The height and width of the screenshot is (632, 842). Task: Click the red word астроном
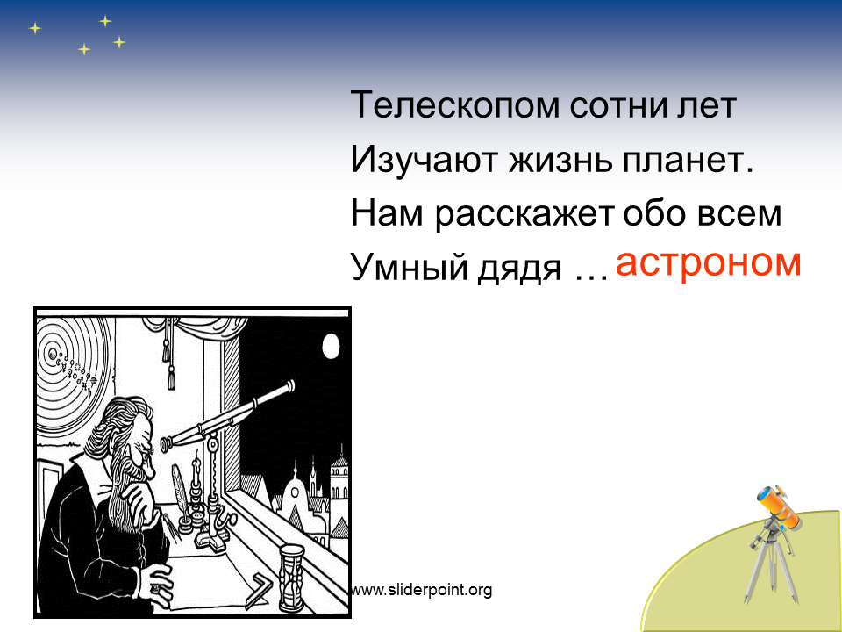tap(708, 262)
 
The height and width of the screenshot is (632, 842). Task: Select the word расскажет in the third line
tap(524, 215)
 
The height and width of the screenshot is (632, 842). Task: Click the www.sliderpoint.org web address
tap(420, 590)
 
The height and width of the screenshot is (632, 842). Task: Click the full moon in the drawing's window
tap(332, 346)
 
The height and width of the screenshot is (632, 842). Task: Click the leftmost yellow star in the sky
tap(35, 28)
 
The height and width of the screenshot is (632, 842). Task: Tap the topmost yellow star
tap(105, 21)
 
